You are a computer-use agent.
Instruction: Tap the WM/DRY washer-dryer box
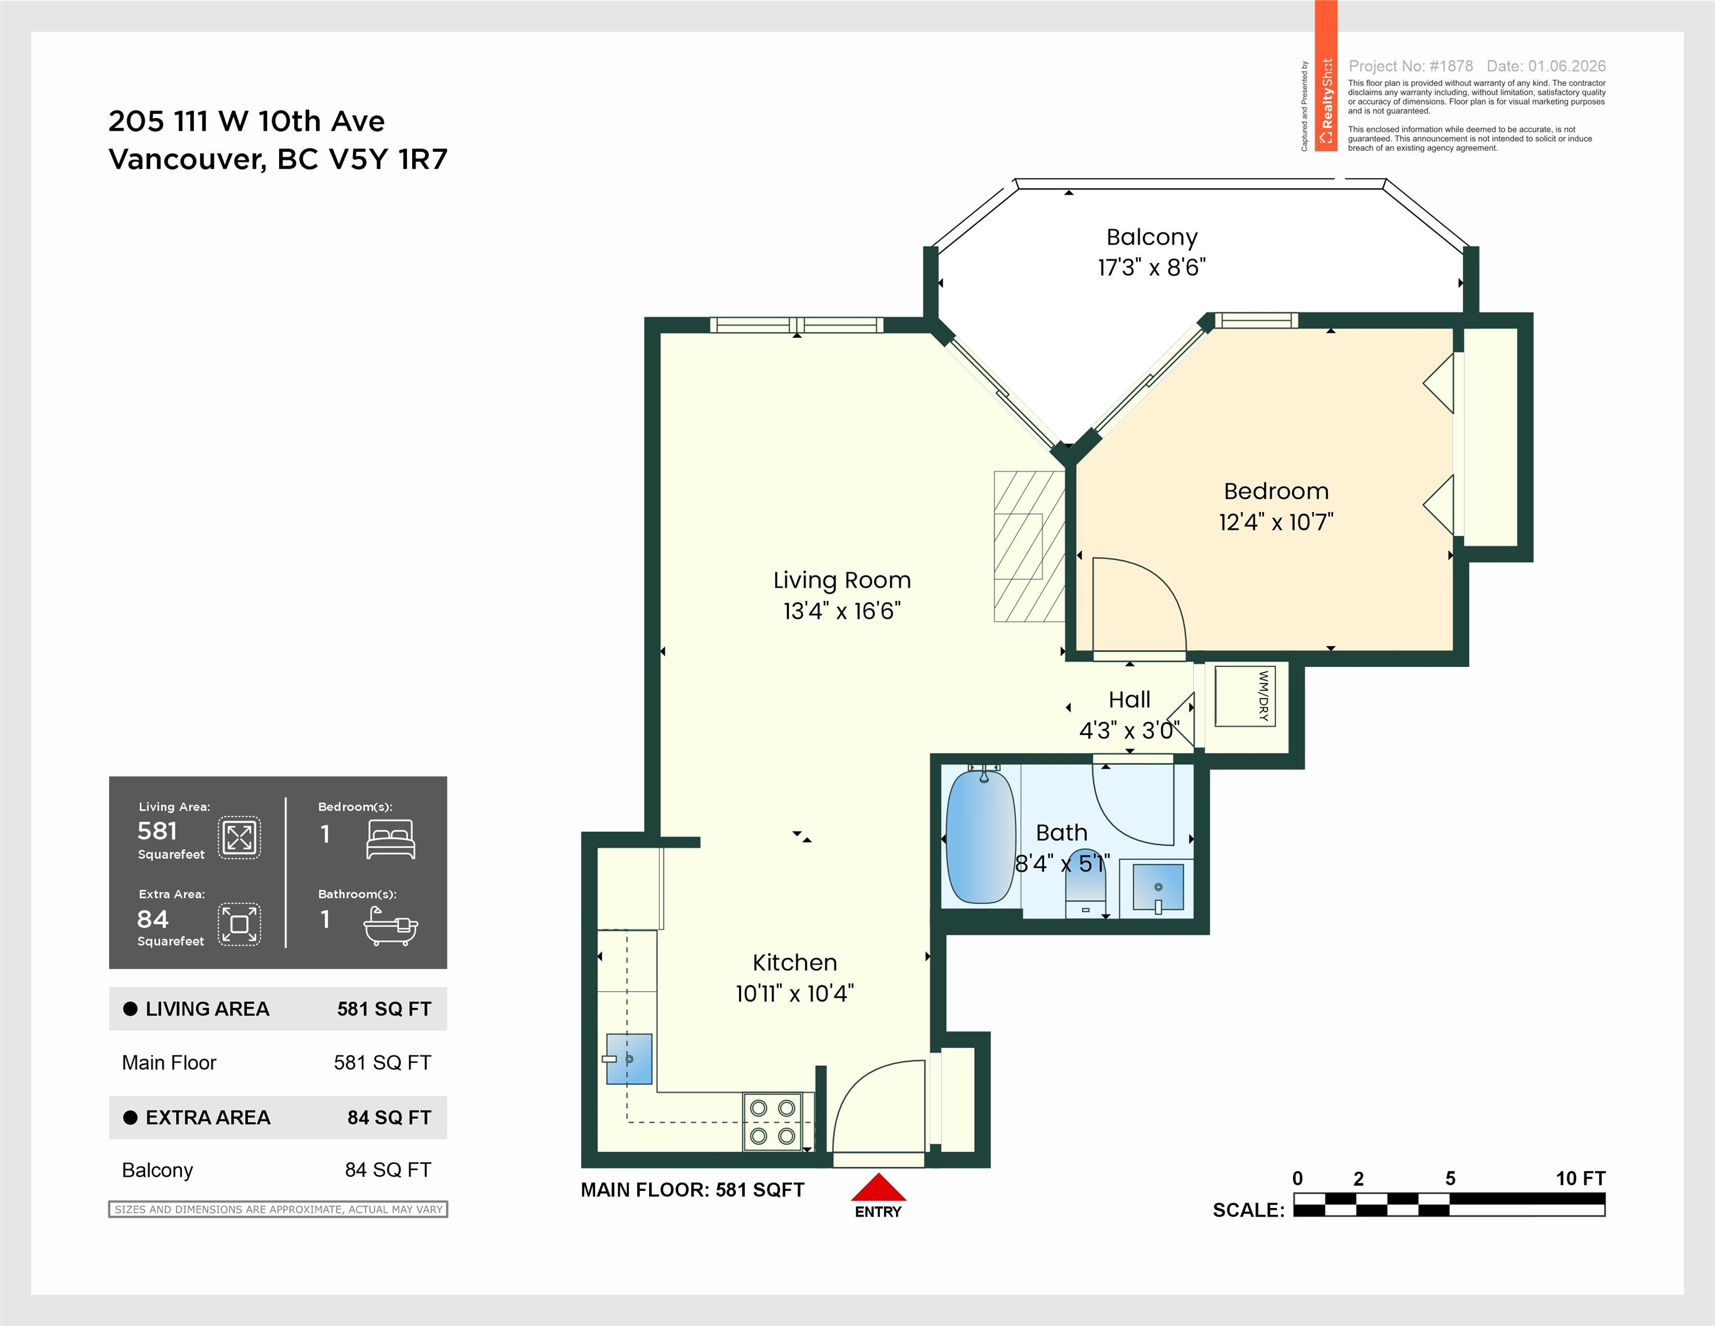point(1245,696)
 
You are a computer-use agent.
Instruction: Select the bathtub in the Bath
point(981,837)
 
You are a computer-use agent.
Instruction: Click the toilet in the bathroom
point(1086,884)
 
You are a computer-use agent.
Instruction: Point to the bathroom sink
point(1158,888)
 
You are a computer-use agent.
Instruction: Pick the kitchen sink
point(629,1058)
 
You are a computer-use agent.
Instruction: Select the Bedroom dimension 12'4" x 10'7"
point(1276,522)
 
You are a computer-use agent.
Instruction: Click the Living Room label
point(842,580)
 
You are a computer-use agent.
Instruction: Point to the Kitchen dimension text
point(795,994)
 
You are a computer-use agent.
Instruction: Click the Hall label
point(1129,699)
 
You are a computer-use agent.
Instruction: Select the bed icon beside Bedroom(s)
point(390,839)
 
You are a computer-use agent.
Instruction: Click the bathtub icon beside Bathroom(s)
point(390,927)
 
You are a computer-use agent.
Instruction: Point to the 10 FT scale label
point(1581,1179)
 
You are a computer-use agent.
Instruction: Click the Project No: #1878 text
point(1411,66)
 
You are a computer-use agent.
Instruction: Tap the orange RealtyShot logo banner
point(1327,76)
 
